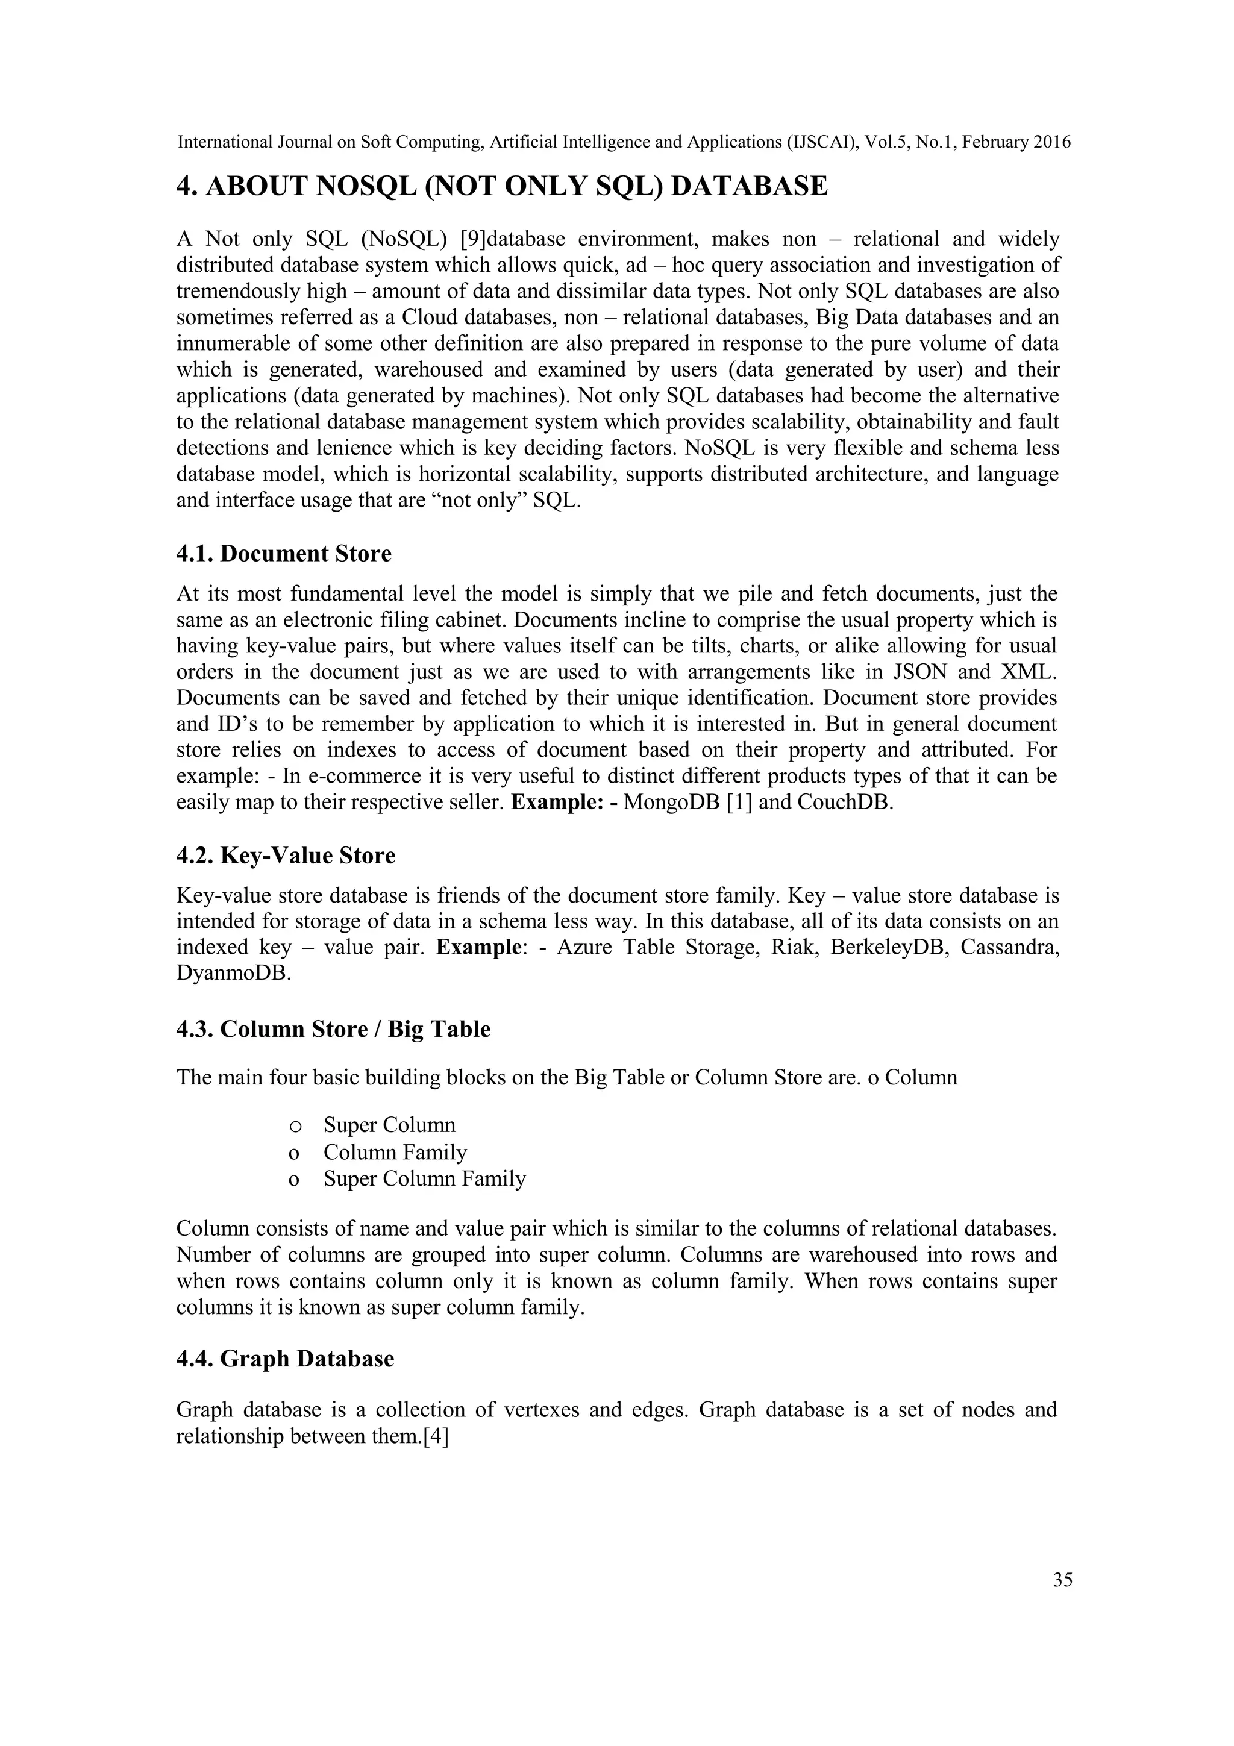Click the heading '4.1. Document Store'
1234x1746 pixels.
tap(284, 554)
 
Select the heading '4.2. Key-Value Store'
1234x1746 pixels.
tap(286, 856)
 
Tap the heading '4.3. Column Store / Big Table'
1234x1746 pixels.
tap(333, 1029)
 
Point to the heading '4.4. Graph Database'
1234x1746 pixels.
tap(285, 1359)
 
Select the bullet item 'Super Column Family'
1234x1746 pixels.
tap(424, 1178)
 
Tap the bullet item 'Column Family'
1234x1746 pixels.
tap(395, 1152)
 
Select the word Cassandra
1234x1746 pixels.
tap(1010, 948)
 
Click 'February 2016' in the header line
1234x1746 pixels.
tap(1016, 142)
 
